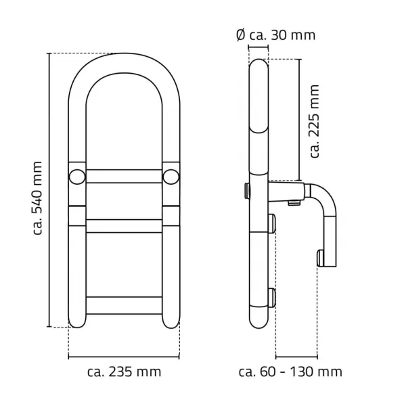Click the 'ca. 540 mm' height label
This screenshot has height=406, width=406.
37,198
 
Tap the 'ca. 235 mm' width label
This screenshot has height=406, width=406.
124,371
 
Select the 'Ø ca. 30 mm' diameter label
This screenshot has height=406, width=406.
276,35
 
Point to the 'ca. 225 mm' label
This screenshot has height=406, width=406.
315,121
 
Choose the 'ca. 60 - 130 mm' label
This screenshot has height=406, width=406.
290,371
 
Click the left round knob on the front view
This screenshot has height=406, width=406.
77,177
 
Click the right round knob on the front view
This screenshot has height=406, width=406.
171,177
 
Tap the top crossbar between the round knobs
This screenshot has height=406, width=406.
124,177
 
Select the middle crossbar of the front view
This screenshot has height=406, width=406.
124,226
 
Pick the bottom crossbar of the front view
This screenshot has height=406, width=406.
124,306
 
